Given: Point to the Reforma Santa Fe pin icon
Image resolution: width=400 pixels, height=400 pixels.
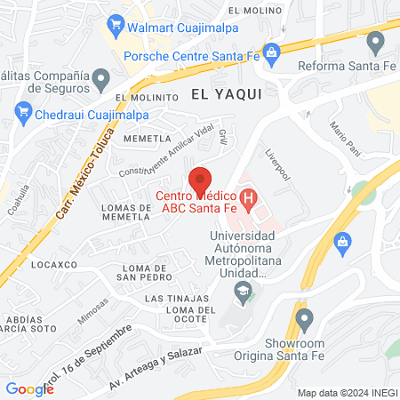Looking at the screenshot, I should click(375, 40).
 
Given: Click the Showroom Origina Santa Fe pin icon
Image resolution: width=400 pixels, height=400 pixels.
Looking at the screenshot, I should click(305, 317).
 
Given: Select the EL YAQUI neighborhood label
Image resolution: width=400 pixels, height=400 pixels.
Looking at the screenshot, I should click(226, 94).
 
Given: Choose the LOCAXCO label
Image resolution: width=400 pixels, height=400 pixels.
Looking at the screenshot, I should click(54, 265).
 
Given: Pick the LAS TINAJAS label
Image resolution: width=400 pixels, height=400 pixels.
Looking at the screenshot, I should click(178, 298).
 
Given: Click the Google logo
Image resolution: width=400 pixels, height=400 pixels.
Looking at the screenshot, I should click(29, 388).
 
